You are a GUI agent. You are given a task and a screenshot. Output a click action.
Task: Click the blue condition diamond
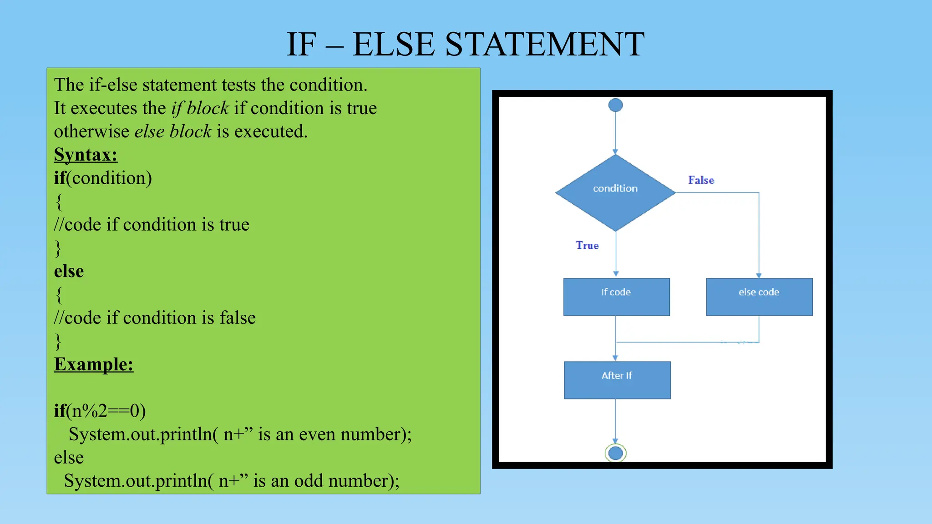pyautogui.click(x=615, y=192)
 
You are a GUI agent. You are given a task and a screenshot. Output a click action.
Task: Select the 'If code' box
pyautogui.click(x=616, y=297)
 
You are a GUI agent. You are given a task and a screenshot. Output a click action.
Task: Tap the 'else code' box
pyautogui.click(x=759, y=297)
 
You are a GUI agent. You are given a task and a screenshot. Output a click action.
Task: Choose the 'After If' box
pyautogui.click(x=617, y=380)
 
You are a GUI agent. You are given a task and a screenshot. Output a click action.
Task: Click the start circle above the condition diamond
pyautogui.click(x=615, y=105)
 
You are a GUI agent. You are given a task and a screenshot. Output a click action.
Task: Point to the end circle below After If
pyautogui.click(x=615, y=453)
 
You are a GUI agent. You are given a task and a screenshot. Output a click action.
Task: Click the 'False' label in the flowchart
pyautogui.click(x=701, y=180)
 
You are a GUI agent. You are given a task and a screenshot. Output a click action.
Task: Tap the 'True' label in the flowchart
pyautogui.click(x=587, y=246)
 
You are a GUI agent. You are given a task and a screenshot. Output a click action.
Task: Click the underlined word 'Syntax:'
pyautogui.click(x=86, y=155)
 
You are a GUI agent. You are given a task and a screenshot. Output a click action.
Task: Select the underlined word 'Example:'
pyautogui.click(x=94, y=364)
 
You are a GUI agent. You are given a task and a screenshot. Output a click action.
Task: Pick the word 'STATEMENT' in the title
pyautogui.click(x=544, y=44)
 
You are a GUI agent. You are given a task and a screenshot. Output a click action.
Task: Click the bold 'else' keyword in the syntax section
pyautogui.click(x=69, y=271)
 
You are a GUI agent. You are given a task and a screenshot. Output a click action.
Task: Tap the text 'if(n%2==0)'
pyautogui.click(x=100, y=411)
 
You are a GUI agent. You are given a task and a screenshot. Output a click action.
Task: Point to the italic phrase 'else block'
pyautogui.click(x=173, y=131)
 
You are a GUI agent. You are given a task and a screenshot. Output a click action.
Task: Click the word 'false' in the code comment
pyautogui.click(x=238, y=317)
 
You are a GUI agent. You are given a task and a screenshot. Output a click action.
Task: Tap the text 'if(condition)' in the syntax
pyautogui.click(x=103, y=178)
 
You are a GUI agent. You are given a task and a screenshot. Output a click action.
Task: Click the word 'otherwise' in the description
pyautogui.click(x=91, y=131)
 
